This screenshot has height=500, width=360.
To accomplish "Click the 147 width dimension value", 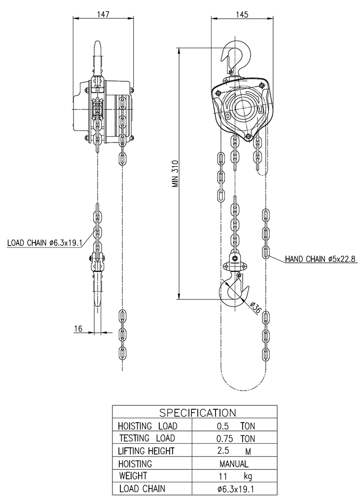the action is click(x=103, y=14).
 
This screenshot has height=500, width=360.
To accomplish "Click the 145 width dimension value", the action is click(x=242, y=15).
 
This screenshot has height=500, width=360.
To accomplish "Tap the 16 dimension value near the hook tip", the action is click(x=78, y=328).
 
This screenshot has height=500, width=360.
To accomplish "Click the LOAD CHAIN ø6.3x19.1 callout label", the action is click(x=45, y=243).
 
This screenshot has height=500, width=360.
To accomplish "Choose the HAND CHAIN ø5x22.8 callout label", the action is click(x=320, y=259).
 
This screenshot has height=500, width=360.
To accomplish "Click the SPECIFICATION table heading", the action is click(x=197, y=413).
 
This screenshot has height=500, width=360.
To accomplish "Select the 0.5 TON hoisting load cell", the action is click(x=236, y=426).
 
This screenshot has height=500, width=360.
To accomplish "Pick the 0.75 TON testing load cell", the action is click(x=236, y=439).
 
